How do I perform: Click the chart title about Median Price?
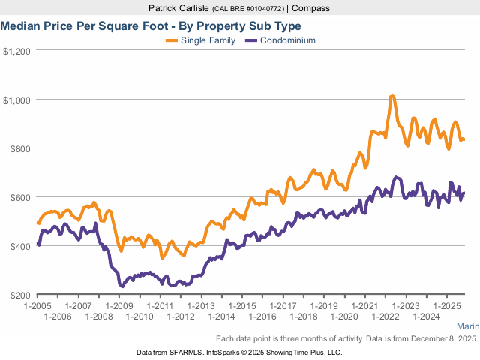[151, 25]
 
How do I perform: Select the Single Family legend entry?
[208, 40]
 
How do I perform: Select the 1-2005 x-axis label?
[37, 307]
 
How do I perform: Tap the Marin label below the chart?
[468, 326]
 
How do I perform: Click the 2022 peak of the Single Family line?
[392, 96]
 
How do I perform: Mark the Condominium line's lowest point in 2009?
[121, 286]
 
